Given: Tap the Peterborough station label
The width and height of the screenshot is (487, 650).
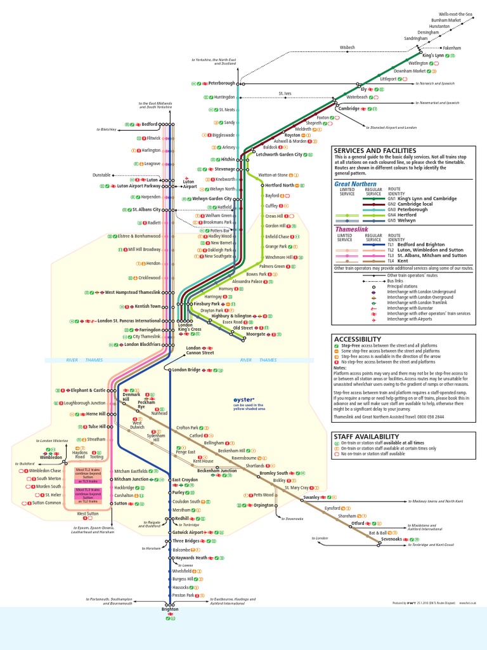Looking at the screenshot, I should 222,83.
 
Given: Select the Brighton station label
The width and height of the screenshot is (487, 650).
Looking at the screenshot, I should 169,609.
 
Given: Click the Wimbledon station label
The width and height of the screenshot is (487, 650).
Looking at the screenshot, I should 51,457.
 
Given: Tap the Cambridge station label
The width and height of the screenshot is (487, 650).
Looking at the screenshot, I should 349,109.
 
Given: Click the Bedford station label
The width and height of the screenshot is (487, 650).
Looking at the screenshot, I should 149,124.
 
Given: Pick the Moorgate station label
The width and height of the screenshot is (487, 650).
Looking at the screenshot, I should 256,333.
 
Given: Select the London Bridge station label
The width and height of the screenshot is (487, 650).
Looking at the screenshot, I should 186,369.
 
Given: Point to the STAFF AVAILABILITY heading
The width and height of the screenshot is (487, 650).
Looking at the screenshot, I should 367,436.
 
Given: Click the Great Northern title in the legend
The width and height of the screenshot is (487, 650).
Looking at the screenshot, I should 355,184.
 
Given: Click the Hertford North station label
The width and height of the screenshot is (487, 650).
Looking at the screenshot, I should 280,185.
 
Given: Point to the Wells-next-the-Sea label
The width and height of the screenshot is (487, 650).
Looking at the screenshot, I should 457,13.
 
